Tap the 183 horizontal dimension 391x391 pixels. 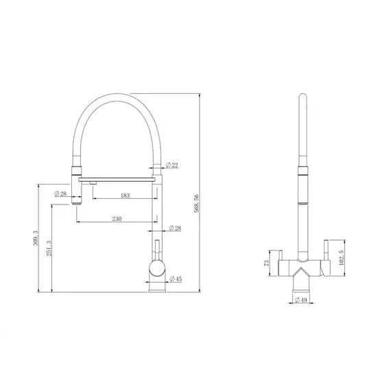tap(124, 195)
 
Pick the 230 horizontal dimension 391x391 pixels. tap(117, 219)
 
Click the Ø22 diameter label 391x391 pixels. tap(174, 165)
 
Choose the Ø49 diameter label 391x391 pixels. tap(300, 300)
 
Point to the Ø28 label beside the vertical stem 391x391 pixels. tap(175, 228)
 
